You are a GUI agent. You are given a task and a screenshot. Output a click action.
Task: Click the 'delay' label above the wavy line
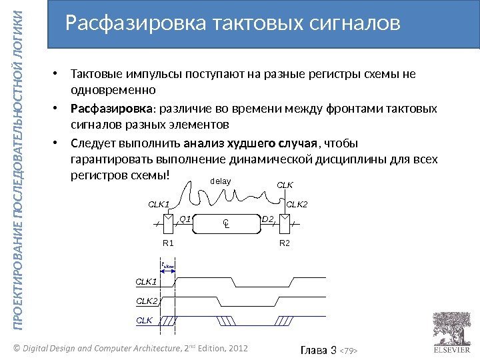221,181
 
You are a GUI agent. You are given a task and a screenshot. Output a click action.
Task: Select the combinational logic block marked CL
226,225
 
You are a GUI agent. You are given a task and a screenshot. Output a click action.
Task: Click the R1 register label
168,243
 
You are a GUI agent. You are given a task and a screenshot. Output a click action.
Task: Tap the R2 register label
285,243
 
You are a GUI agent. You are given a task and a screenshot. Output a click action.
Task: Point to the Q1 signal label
186,218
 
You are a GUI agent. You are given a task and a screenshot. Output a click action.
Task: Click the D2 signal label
268,218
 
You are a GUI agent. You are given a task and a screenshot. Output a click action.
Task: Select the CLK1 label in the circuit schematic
159,204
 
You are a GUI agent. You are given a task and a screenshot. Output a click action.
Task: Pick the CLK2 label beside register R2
297,204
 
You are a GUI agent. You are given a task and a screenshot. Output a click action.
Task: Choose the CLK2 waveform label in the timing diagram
147,301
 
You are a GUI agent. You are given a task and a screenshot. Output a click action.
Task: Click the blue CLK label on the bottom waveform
144,320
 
